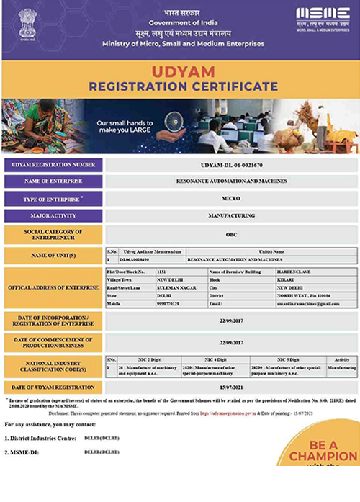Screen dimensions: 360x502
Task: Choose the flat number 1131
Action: coord(161,271)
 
